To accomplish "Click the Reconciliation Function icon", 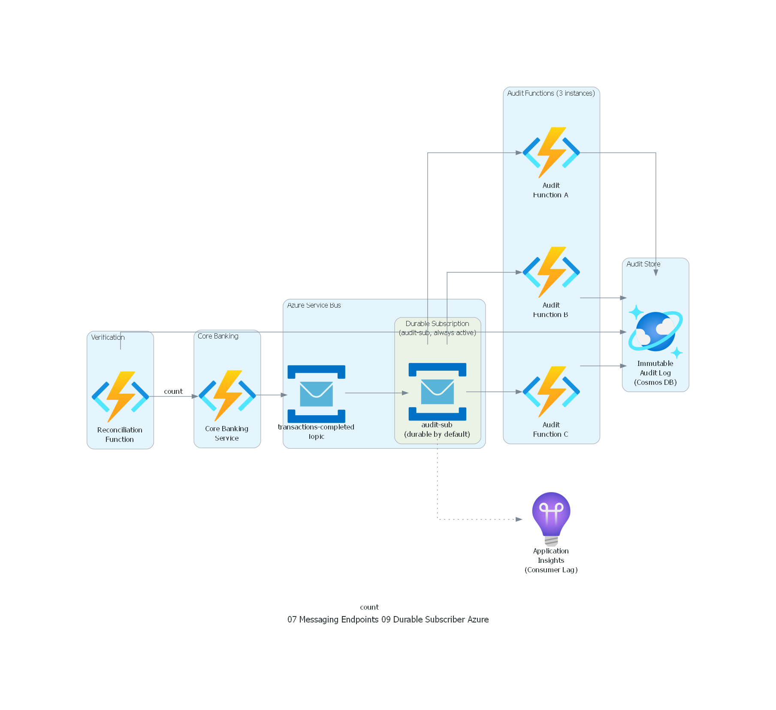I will pyautogui.click(x=120, y=396).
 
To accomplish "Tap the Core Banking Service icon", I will pyautogui.click(x=227, y=395).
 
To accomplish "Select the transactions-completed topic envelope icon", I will pyautogui.click(x=316, y=393).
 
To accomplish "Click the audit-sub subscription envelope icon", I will pyautogui.click(x=437, y=391).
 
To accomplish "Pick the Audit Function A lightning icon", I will pyautogui.click(x=551, y=152).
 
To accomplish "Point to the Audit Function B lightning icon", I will pyautogui.click(x=551, y=272).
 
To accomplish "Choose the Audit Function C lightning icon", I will pyautogui.click(x=551, y=391).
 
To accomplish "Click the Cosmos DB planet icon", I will pyautogui.click(x=655, y=331).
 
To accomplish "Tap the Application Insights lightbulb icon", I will pyautogui.click(x=551, y=518).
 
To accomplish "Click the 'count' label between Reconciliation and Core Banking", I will pyautogui.click(x=173, y=391).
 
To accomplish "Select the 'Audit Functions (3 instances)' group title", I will pyautogui.click(x=551, y=93).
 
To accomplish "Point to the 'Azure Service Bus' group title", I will pyautogui.click(x=314, y=305).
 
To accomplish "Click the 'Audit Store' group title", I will pyautogui.click(x=643, y=264).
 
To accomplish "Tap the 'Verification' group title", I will pyautogui.click(x=108, y=337).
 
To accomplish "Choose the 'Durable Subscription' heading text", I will pyautogui.click(x=437, y=323).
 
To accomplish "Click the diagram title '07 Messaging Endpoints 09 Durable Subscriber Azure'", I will pyautogui.click(x=388, y=619).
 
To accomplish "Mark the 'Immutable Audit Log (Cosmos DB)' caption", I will pyautogui.click(x=655, y=373).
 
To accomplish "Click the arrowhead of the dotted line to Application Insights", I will pyautogui.click(x=519, y=519).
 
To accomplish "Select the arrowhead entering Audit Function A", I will pyautogui.click(x=519, y=153).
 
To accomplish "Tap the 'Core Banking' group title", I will pyautogui.click(x=218, y=336).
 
